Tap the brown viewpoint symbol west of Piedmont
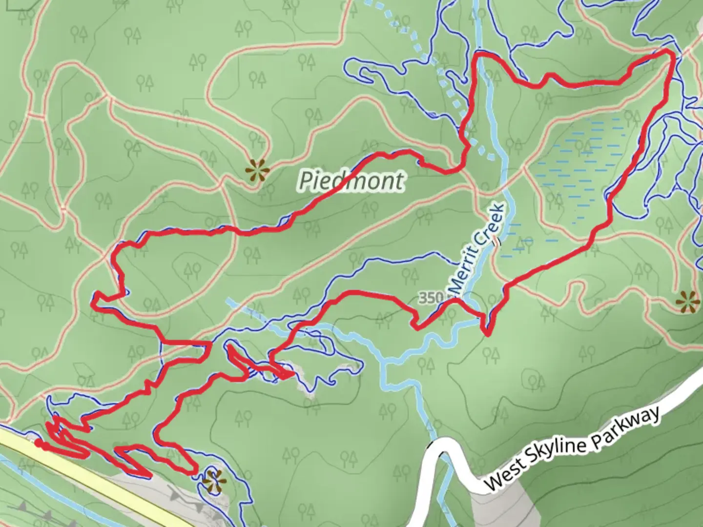(x=257, y=171)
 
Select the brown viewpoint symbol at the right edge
(x=688, y=302)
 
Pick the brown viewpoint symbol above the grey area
(x=214, y=481)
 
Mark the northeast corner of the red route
(x=672, y=54)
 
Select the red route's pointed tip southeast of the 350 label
(x=487, y=333)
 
